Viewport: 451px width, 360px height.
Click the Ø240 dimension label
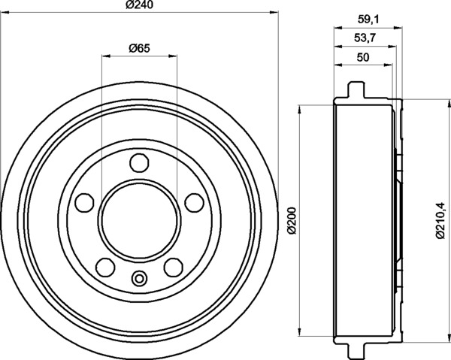point(140,5)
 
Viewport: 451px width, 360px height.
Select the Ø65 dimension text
point(140,48)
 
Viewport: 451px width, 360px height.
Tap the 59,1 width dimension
point(369,20)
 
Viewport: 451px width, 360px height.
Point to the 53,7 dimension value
point(365,38)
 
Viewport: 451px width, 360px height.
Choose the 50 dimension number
point(363,58)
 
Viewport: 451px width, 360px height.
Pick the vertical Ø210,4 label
point(440,220)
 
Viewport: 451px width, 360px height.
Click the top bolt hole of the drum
point(140,163)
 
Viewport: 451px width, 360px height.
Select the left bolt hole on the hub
point(84,202)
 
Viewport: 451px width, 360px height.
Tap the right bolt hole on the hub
point(195,203)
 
